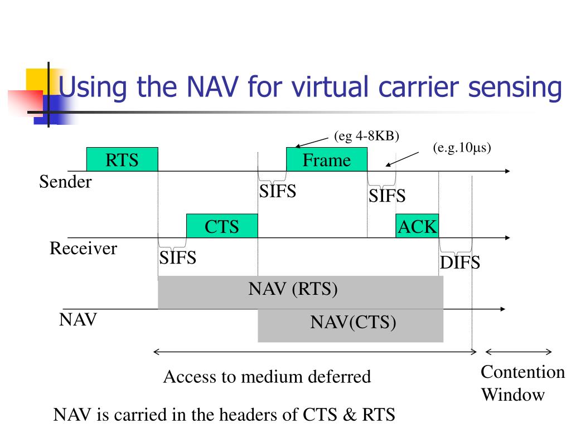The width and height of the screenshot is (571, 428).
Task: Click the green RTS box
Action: (122, 159)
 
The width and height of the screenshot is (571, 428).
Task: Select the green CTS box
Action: (222, 226)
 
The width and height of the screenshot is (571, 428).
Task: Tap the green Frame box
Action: (327, 159)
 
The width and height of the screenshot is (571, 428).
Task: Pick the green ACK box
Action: (417, 226)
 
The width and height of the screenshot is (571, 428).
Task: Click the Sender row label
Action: (65, 182)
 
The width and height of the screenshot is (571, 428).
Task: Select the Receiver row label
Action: (84, 249)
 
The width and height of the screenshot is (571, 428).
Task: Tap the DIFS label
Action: (460, 262)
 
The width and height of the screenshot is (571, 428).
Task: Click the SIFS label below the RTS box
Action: (178, 258)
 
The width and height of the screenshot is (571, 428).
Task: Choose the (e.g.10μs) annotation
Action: (462, 148)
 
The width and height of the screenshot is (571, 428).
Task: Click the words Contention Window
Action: (522, 383)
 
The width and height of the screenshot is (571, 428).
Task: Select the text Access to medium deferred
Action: (267, 377)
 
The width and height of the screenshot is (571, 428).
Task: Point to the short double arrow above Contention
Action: (519, 352)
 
